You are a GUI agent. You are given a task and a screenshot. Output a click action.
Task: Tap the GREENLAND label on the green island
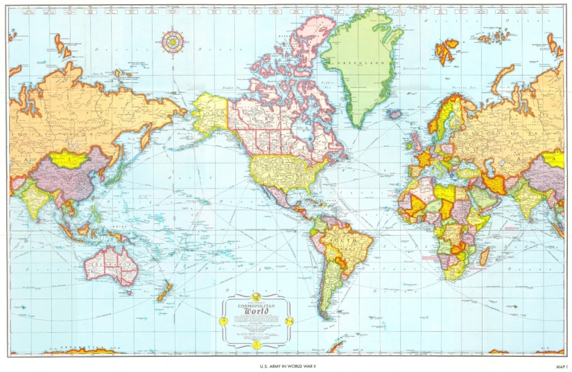pyautogui.click(x=358, y=62)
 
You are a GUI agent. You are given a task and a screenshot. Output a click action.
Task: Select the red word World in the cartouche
pyautogui.click(x=256, y=312)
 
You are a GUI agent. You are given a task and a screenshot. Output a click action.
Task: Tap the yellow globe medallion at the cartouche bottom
pyautogui.click(x=256, y=344)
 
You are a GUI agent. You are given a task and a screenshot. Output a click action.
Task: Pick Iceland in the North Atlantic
pyautogui.click(x=395, y=113)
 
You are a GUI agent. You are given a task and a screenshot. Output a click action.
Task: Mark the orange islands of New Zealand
pyautogui.click(x=164, y=292)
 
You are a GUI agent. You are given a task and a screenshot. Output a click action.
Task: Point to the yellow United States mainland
pyautogui.click(x=281, y=170)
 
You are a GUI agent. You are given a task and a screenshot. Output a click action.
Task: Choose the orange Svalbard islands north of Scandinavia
pyautogui.click(x=447, y=50)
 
